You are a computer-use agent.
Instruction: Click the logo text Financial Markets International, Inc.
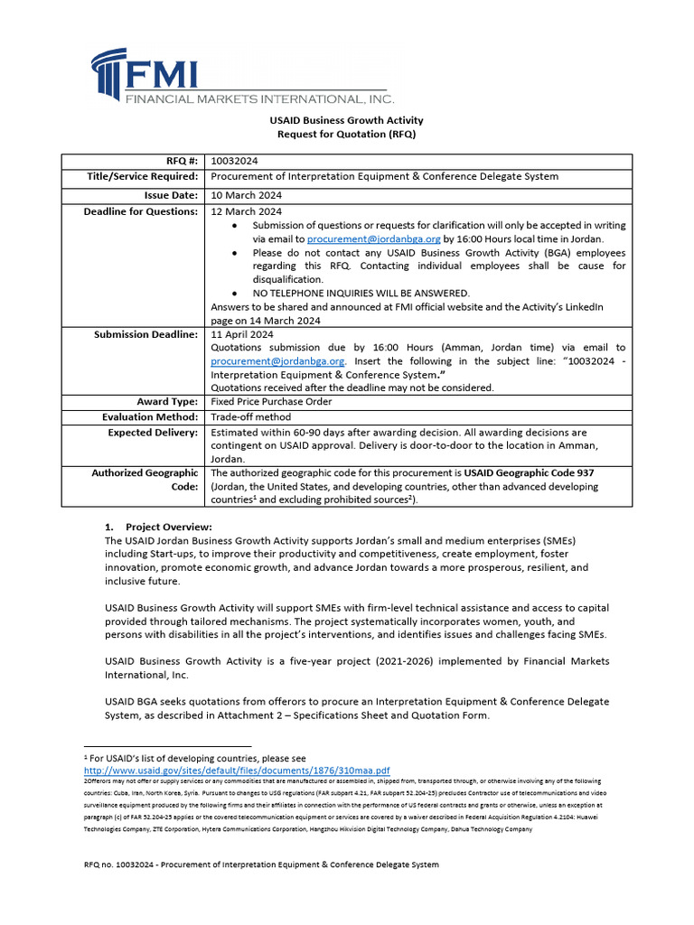click(258, 98)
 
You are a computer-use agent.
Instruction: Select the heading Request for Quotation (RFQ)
click(346, 134)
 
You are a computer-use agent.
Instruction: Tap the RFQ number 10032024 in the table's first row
click(233, 160)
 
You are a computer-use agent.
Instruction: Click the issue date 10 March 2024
click(246, 195)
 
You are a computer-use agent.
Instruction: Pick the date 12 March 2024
click(246, 212)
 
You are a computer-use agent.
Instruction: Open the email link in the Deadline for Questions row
click(373, 239)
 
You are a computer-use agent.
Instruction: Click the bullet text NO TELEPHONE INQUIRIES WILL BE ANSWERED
click(361, 293)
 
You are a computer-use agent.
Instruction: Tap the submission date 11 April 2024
click(241, 334)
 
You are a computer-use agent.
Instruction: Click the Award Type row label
click(167, 401)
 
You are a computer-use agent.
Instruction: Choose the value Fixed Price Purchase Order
click(271, 401)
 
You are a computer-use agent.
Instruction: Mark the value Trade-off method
click(250, 417)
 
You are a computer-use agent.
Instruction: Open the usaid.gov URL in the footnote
click(237, 771)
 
